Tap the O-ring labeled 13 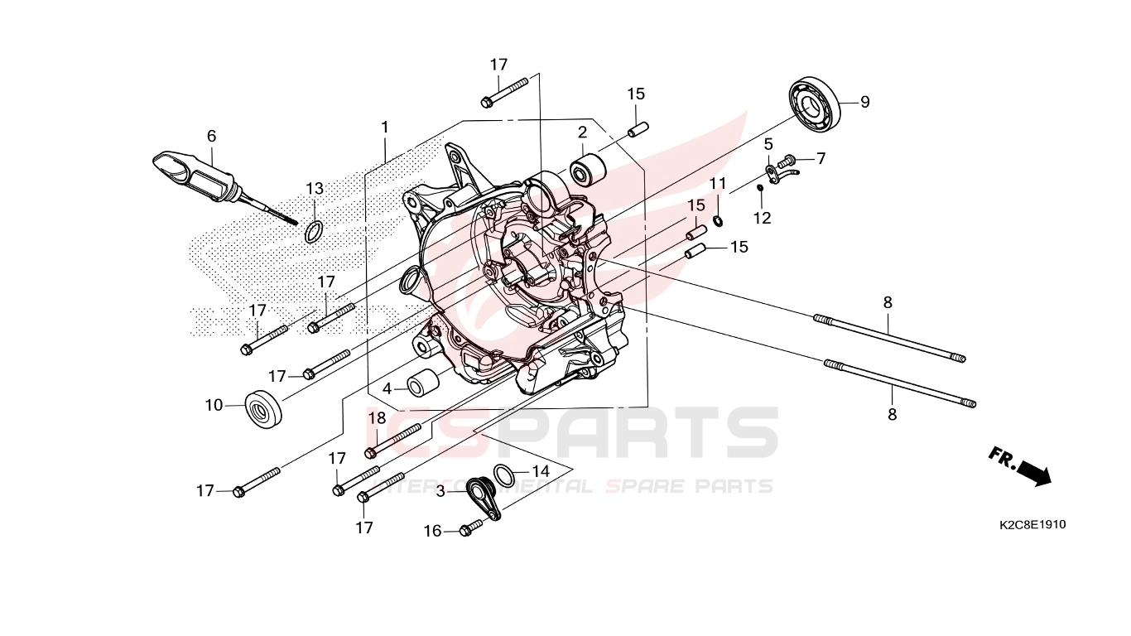click(314, 231)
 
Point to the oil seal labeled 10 click(263, 408)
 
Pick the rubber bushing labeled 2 click(587, 169)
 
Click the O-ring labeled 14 click(503, 475)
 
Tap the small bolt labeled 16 click(470, 528)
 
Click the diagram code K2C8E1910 click(1032, 525)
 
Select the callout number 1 click(385, 128)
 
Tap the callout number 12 click(763, 219)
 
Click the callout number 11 click(718, 183)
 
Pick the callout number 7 click(821, 159)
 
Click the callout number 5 click(768, 144)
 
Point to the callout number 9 click(865, 102)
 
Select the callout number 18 click(377, 417)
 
